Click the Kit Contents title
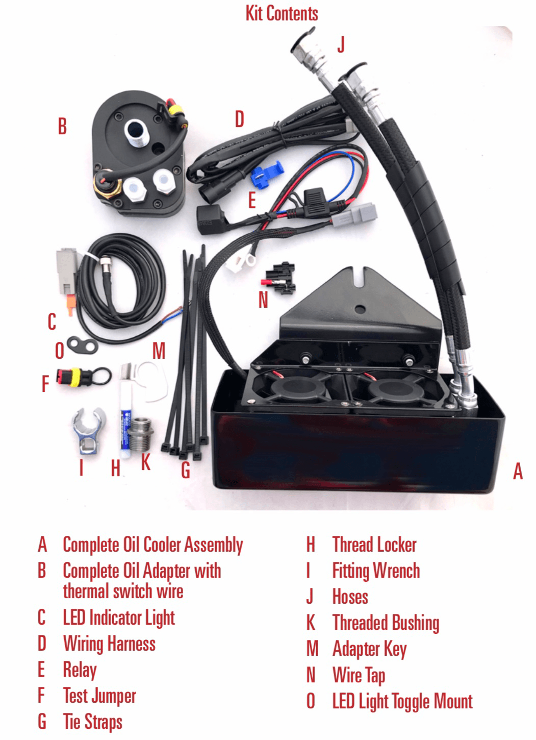point(282,13)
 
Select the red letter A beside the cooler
point(518,472)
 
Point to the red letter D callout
point(239,119)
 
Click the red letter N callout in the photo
point(263,300)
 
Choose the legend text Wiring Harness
point(109,644)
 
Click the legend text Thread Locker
point(374,545)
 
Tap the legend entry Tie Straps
point(92,722)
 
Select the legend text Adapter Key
point(369,649)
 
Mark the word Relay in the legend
point(80,670)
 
